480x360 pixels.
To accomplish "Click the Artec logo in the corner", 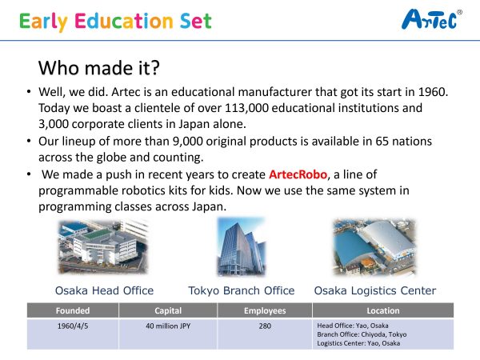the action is pos(432,19).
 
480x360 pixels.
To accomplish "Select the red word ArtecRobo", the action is pos(298,174).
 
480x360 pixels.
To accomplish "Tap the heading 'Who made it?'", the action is pos(99,68).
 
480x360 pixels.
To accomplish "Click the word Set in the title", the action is pos(196,21).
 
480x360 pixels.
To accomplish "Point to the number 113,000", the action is pos(246,108).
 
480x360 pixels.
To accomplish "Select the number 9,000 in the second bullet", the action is pos(188,142).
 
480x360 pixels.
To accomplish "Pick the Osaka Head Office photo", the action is pos(103,246).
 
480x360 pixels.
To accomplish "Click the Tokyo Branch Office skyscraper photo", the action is pos(242,246).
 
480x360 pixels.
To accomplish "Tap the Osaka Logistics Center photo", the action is pos(374,246).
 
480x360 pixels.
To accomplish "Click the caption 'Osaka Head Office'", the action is pos(104,290).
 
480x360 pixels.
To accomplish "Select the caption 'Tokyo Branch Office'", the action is pos(242,290).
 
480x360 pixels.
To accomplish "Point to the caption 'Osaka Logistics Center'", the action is pos(375,290).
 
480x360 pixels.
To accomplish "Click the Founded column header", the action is pos(73,310).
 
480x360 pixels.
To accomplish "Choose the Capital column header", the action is pos(168,310).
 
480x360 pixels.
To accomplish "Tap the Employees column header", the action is pos(265,310).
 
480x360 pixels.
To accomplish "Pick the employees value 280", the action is pos(265,326).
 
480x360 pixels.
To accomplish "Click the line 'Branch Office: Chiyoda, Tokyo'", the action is pos(362,334).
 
